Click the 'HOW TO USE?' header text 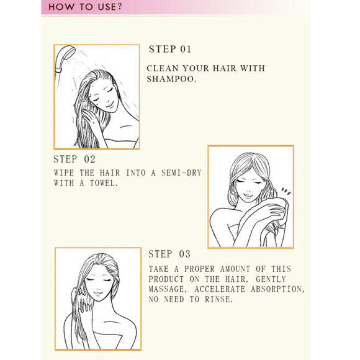(x=86, y=7)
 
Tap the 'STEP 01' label (x=170, y=49)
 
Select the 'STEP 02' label (x=74, y=159)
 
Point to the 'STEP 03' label (x=169, y=254)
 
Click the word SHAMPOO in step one (x=172, y=79)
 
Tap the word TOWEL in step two (x=104, y=183)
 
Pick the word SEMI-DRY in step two (x=181, y=173)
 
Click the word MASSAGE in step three (x=168, y=289)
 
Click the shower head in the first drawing (x=65, y=57)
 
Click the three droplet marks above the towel (x=286, y=191)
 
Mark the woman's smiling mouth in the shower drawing (x=109, y=105)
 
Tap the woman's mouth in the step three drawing (x=98, y=293)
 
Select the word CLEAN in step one (x=163, y=68)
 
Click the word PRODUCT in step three (x=166, y=279)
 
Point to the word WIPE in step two (x=64, y=173)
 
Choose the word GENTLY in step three (x=271, y=279)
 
